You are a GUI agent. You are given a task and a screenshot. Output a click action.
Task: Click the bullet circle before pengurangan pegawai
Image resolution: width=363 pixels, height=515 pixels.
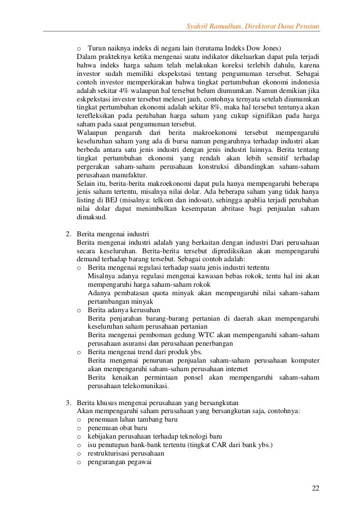[x=79, y=463]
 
